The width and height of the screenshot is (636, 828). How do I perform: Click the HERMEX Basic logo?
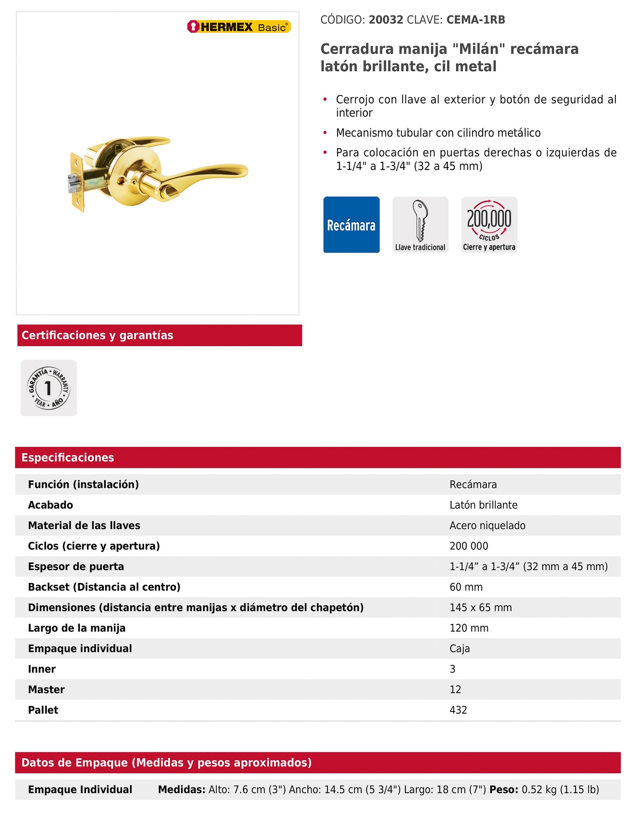click(239, 27)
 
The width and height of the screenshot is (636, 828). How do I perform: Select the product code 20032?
click(386, 20)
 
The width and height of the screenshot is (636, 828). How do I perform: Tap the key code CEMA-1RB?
click(475, 20)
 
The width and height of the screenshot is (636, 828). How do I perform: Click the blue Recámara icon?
click(351, 224)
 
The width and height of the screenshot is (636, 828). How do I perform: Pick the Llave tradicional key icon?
click(420, 224)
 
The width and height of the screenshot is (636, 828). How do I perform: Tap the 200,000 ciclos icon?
click(489, 224)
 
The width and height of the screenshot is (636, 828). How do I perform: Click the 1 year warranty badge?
click(49, 388)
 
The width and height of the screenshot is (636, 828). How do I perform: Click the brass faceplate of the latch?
click(77, 181)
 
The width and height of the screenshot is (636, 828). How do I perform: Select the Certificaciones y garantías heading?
click(97, 335)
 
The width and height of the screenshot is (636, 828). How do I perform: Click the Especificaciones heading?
click(68, 457)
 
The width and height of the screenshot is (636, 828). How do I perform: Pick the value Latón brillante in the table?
click(483, 505)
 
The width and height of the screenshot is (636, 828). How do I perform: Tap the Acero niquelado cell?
click(487, 526)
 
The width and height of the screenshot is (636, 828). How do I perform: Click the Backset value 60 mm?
click(466, 587)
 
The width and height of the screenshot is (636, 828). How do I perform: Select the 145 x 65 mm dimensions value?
click(481, 607)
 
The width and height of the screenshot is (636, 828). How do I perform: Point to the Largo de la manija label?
click(77, 628)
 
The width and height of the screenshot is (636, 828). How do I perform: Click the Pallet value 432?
click(458, 710)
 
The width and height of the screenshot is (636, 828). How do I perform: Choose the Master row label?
click(46, 690)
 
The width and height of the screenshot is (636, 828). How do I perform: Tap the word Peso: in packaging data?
click(504, 790)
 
